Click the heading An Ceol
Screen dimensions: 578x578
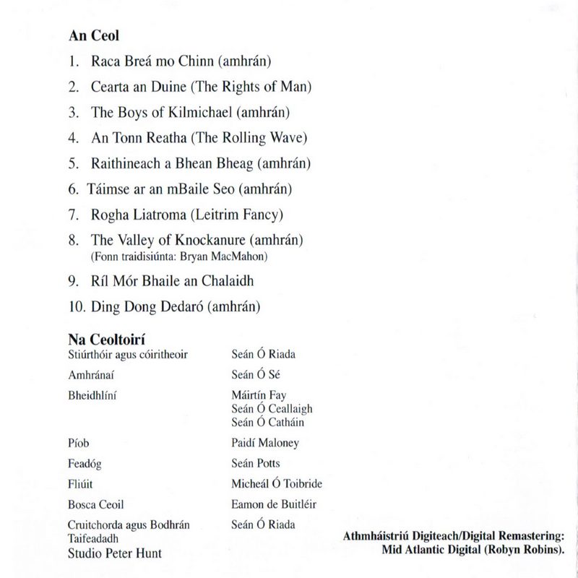pyautogui.click(x=94, y=35)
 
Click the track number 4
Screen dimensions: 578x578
pyautogui.click(x=73, y=137)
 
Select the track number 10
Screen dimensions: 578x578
pyautogui.click(x=76, y=306)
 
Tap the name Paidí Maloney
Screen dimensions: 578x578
pyautogui.click(x=265, y=443)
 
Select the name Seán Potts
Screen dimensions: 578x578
pyautogui.click(x=255, y=463)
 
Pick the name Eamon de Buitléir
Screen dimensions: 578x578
pyautogui.click(x=274, y=504)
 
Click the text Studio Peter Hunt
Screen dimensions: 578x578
pyautogui.click(x=114, y=553)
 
